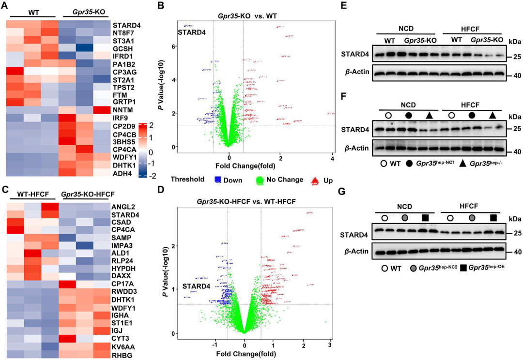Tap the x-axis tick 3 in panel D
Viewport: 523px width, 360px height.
tap(330, 344)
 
